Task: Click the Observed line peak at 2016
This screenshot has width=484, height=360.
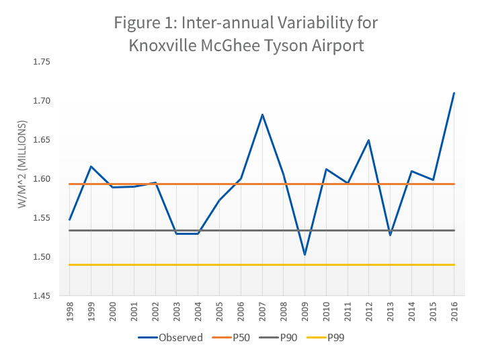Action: click(454, 93)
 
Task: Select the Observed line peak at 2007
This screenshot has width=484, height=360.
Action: click(262, 114)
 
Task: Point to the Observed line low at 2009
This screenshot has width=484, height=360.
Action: click(305, 255)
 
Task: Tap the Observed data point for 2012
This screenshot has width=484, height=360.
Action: click(369, 140)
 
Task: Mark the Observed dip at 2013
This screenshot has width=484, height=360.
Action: click(390, 235)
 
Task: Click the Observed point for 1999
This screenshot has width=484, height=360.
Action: click(91, 166)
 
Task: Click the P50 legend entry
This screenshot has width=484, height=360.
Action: click(231, 338)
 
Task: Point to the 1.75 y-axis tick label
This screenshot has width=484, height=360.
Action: click(42, 62)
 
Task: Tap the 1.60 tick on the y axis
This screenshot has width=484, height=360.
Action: click(42, 179)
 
